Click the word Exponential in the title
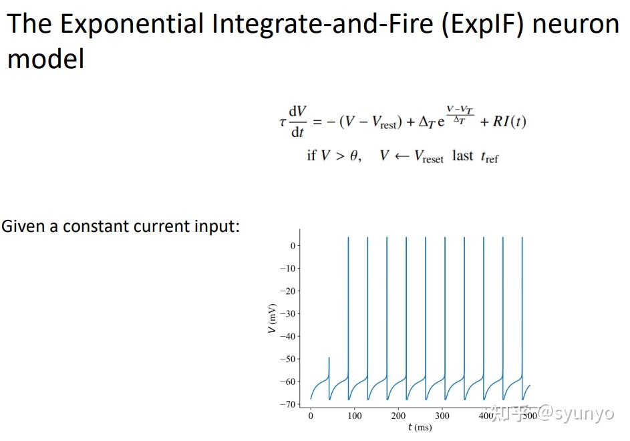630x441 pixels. click(x=130, y=25)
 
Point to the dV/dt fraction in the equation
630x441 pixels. click(x=297, y=121)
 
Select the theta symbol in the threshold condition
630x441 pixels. click(x=353, y=156)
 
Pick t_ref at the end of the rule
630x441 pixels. click(x=488, y=157)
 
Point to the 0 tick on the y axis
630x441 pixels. click(x=292, y=246)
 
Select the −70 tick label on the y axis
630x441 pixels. click(x=288, y=404)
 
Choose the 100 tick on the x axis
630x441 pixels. click(x=355, y=416)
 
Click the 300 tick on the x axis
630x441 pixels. click(x=442, y=416)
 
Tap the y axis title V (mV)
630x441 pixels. click(x=272, y=319)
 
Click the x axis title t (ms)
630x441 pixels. click(x=420, y=428)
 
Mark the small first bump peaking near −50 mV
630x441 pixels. click(x=329, y=361)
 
